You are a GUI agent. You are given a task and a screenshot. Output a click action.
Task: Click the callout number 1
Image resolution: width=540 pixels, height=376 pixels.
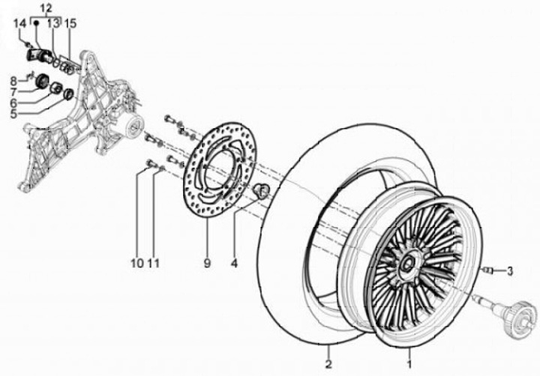409,364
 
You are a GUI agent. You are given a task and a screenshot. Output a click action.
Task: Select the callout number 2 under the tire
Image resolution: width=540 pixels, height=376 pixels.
328,364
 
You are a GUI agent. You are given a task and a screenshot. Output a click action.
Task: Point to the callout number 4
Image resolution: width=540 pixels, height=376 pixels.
234,263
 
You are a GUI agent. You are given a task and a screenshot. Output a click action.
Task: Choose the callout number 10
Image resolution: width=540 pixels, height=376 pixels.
136,263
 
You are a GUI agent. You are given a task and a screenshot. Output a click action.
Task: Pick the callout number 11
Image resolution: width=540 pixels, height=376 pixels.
153,263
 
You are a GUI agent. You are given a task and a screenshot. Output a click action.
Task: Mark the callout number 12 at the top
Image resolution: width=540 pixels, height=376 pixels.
46,7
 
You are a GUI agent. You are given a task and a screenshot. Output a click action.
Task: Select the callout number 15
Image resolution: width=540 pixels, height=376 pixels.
71,24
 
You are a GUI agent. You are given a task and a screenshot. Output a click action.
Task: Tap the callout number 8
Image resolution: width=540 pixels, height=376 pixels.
13,80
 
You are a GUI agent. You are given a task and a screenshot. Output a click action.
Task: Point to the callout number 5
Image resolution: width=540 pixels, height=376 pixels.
13,115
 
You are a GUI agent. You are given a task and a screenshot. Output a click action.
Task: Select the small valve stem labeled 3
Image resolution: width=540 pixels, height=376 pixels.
489,270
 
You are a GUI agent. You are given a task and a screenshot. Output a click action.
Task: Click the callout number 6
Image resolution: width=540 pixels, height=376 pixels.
13,103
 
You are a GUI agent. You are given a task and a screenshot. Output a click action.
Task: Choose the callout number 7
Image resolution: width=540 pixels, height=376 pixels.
13,91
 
